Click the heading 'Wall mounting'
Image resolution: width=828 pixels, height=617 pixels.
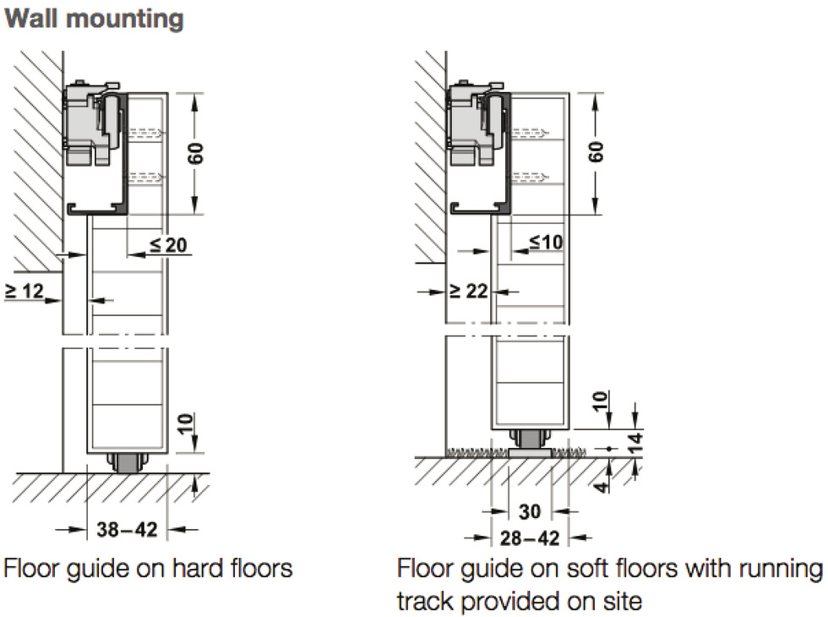94,19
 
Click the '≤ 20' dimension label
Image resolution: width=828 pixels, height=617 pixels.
168,245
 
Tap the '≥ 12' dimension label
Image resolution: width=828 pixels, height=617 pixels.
25,291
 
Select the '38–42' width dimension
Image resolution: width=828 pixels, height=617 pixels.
127,529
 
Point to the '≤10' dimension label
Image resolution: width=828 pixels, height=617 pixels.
546,242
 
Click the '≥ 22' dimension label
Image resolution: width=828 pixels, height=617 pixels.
468,291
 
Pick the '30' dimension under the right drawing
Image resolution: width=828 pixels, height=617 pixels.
530,511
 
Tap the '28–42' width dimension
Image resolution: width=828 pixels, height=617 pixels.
530,538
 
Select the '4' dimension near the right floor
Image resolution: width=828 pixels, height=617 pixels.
602,485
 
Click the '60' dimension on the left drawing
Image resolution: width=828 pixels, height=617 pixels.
195,153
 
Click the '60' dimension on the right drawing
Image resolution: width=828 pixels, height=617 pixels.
595,152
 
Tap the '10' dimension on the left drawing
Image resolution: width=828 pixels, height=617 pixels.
185,424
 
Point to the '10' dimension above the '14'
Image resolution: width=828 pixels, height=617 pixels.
601,401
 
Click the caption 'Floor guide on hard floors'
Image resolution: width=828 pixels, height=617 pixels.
149,569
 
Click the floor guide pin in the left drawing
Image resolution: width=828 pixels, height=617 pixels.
127,463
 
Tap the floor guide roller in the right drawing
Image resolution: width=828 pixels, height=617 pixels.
531,443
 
